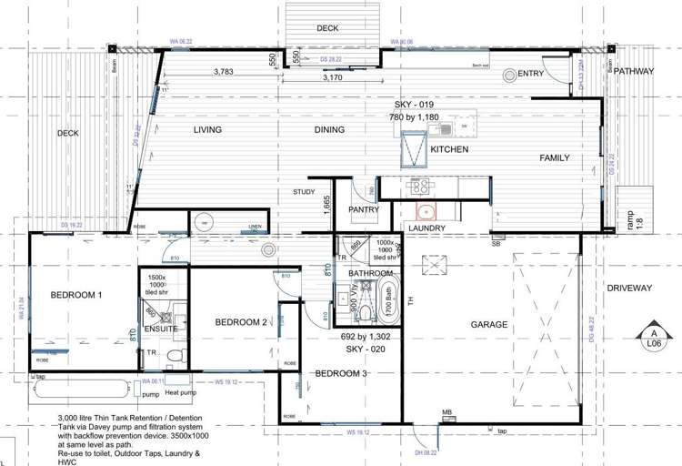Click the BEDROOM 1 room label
[x=75, y=295]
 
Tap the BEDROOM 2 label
[x=241, y=322]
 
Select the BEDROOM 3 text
[x=341, y=374]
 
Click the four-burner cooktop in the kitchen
[x=420, y=187]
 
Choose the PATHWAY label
[x=633, y=71]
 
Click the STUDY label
[x=303, y=192]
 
